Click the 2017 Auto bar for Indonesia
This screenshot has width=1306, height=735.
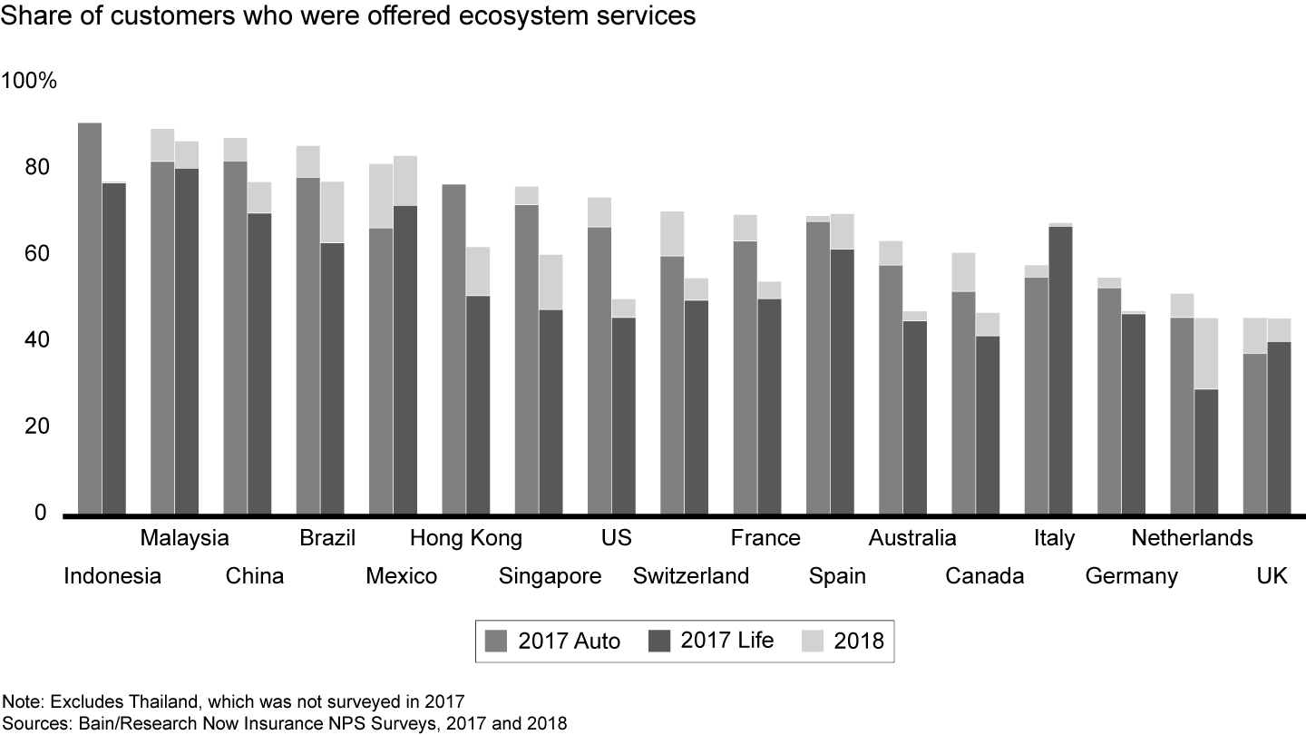click(90, 318)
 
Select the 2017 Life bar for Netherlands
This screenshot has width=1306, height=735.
click(1205, 451)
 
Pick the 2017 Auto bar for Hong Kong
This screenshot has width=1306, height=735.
click(453, 349)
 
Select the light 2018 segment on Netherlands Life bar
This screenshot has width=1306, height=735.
click(1205, 353)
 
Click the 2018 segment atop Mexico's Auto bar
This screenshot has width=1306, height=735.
click(381, 196)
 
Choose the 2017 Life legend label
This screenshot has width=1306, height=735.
click(727, 641)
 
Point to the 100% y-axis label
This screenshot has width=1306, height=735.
click(30, 82)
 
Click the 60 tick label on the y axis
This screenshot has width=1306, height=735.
click(38, 254)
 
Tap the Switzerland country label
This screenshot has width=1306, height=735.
click(691, 576)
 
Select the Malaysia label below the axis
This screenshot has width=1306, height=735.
click(184, 538)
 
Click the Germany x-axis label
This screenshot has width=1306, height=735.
click(1132, 576)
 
